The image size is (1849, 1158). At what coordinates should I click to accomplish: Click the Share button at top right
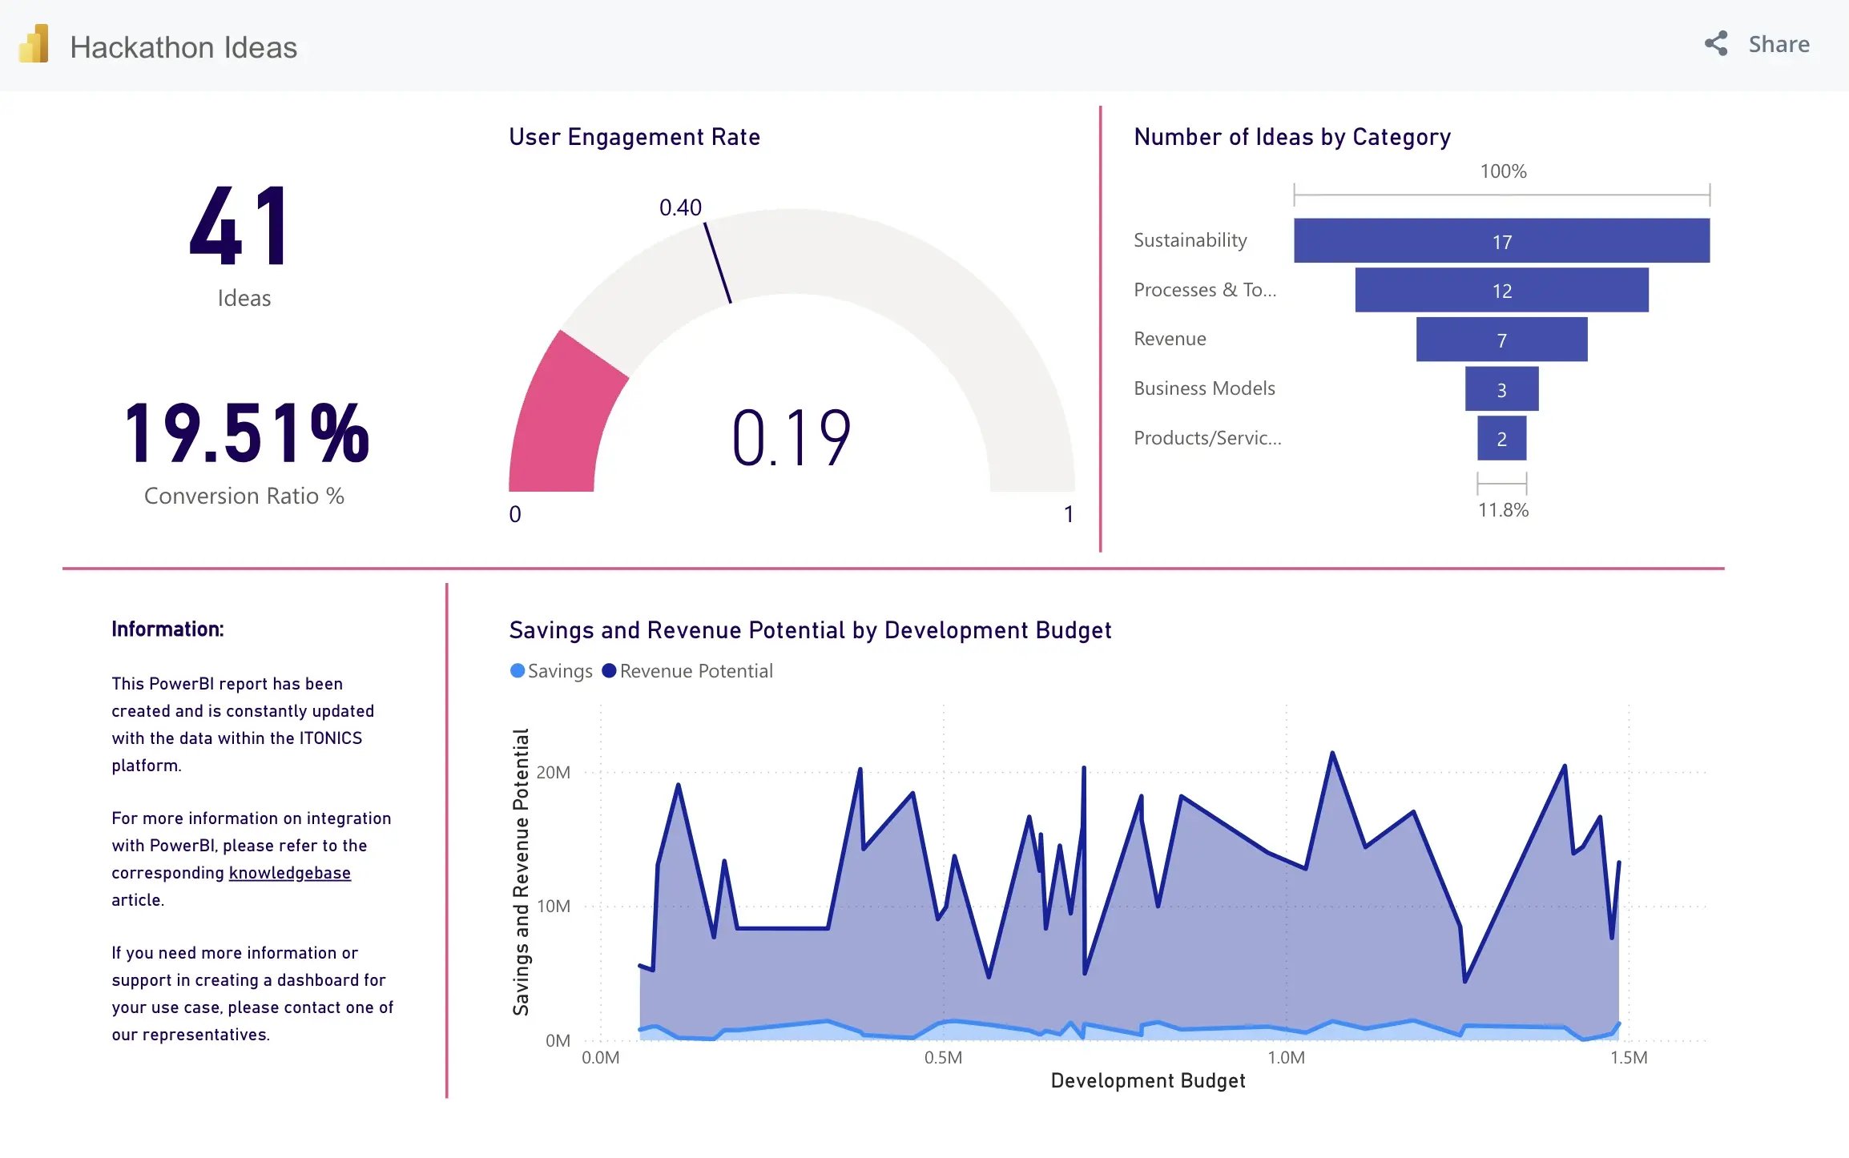[1758, 44]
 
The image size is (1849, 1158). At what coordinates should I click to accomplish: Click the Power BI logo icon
[34, 45]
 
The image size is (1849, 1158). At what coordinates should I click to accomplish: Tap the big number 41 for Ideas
[240, 226]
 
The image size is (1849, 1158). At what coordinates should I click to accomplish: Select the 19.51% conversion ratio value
[246, 433]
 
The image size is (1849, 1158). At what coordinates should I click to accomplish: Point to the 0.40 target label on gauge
[680, 208]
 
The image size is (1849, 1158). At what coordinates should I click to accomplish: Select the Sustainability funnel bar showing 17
[1501, 241]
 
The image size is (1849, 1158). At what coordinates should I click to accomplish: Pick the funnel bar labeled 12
[1501, 290]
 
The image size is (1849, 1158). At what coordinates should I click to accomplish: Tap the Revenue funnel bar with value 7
[1501, 340]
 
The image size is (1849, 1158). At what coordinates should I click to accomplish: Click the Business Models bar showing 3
[1501, 389]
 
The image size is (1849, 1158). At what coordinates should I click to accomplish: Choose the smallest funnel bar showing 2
[1501, 439]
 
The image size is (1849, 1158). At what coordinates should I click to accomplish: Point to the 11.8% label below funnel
[1503, 510]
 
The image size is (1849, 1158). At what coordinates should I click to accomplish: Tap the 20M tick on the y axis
[553, 773]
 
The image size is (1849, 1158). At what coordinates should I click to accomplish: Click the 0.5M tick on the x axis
[943, 1058]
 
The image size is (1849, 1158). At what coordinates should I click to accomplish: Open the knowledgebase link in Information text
[289, 873]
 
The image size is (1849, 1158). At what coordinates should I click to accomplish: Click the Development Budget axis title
[1147, 1081]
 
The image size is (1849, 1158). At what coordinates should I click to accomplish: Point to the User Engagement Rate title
[634, 137]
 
